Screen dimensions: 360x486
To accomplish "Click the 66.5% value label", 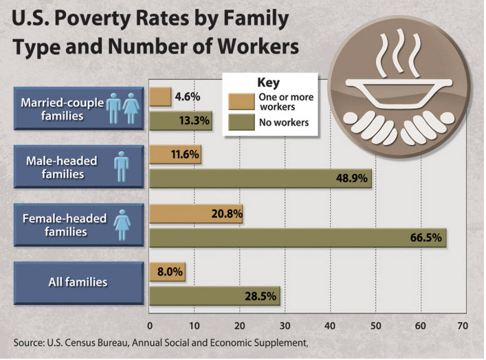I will [x=426, y=238].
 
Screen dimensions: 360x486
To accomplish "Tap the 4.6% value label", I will [x=188, y=97].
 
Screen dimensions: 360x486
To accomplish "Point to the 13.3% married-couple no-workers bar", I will [x=180, y=121].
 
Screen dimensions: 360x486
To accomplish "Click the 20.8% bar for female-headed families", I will [x=196, y=214].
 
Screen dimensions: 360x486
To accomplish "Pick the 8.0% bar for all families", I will [x=167, y=272].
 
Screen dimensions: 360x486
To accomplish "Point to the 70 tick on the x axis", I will [x=462, y=325].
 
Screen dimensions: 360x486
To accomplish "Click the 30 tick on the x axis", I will [x=285, y=325].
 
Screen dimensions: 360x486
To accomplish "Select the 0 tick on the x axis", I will [x=150, y=325].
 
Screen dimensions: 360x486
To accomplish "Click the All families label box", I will [x=78, y=282].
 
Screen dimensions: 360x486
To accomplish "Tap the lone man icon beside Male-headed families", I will [x=121, y=166].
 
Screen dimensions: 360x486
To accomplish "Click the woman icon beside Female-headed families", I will [x=122, y=224].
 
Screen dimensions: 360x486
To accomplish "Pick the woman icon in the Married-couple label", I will [x=131, y=108].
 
